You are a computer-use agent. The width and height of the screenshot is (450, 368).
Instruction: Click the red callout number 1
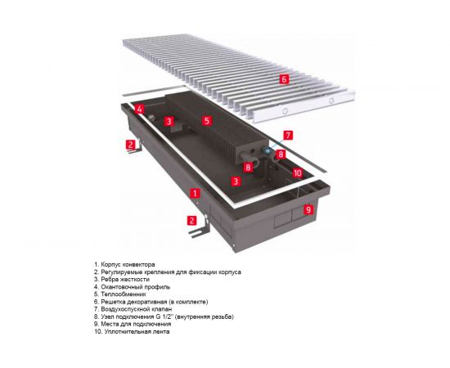pos(196,193)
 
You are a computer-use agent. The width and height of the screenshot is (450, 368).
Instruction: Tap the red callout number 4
pos(139,110)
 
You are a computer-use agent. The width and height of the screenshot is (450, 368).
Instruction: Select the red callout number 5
pos(207,121)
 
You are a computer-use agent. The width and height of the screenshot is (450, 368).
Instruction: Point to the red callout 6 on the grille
pos(284,79)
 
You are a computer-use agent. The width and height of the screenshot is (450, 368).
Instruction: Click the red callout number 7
pos(288,135)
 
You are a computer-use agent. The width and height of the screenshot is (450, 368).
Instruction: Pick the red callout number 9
pos(308,209)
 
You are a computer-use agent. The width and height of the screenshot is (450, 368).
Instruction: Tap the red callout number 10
pos(298,173)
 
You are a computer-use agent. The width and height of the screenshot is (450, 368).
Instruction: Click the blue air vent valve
pos(268,150)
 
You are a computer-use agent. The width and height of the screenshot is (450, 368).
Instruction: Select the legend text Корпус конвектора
pos(128,264)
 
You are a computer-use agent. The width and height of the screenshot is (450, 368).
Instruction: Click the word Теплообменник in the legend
pos(124,294)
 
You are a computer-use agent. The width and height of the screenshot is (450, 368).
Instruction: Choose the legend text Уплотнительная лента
pos(137,331)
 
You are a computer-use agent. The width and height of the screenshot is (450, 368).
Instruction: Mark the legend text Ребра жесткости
pos(125,280)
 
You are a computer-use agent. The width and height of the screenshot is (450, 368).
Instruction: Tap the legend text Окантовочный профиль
pos(136,287)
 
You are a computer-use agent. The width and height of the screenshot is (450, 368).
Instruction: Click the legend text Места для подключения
pos(136,324)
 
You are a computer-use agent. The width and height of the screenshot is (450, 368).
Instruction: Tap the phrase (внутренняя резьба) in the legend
pos(204,316)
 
